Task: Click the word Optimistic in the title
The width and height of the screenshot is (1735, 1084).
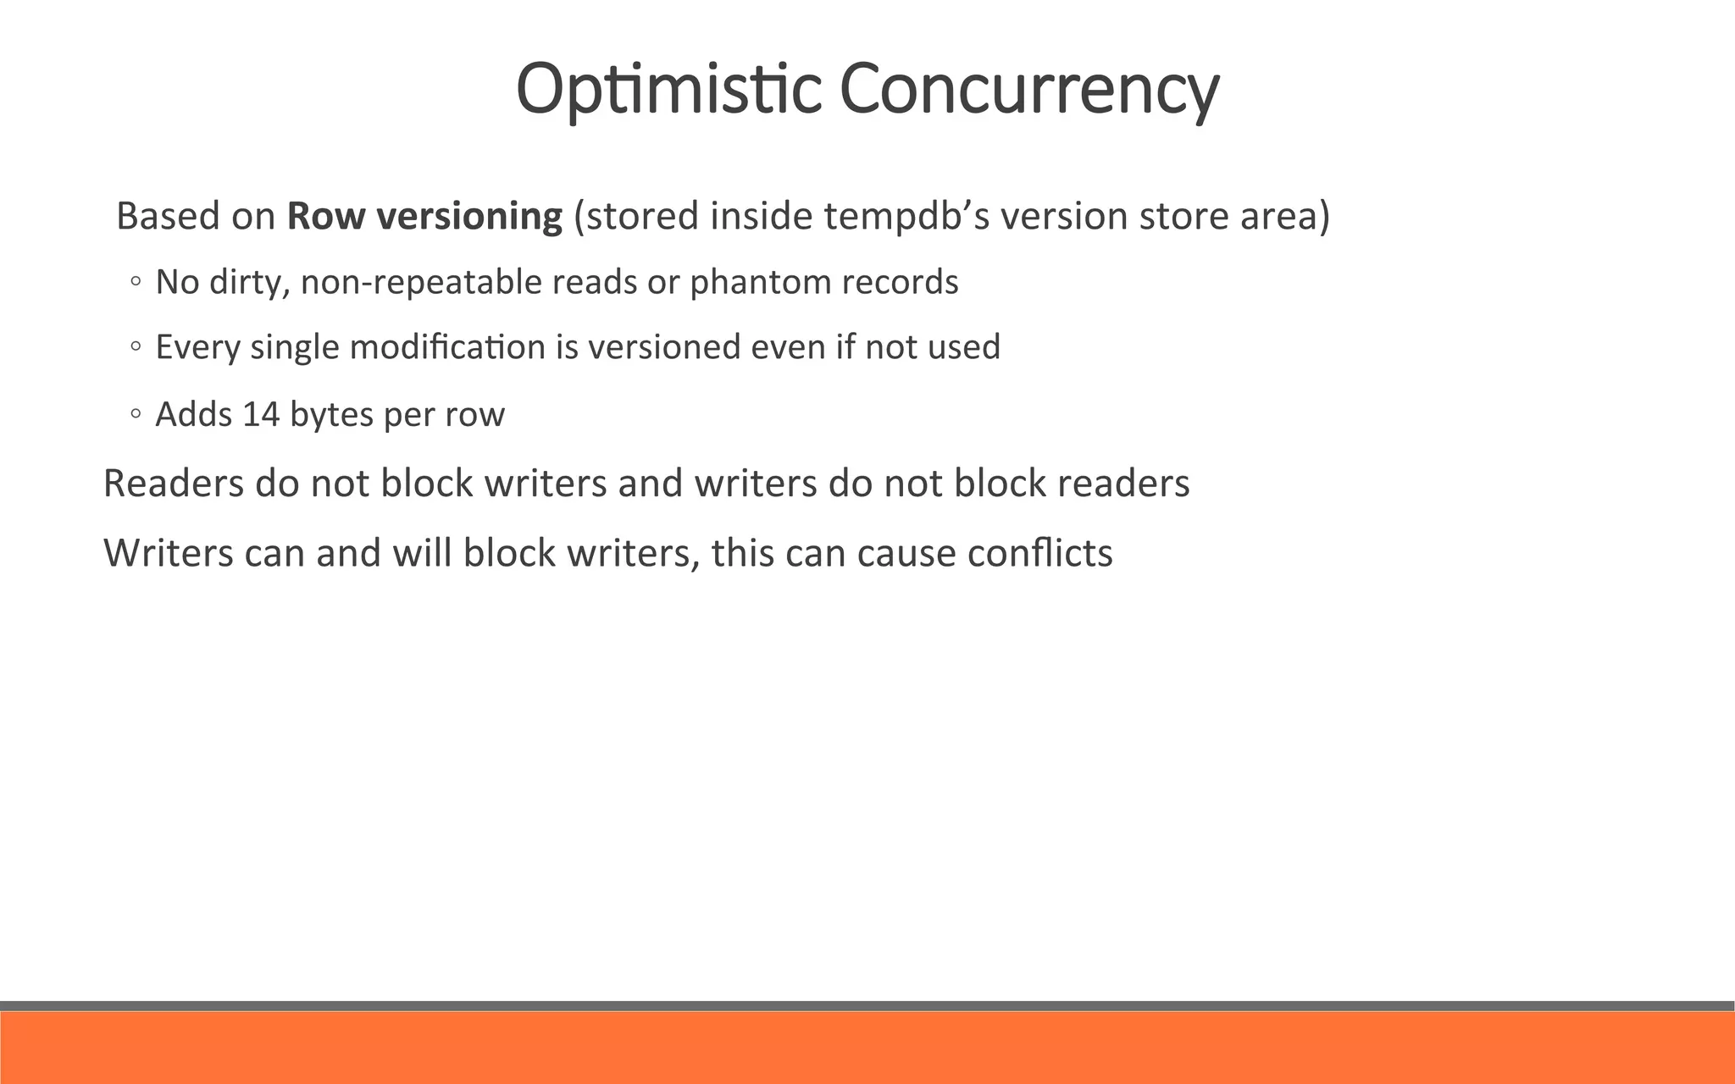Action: (x=668, y=89)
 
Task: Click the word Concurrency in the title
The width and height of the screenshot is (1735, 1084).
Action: (x=1028, y=89)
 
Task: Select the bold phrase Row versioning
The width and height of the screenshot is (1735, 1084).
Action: (x=424, y=216)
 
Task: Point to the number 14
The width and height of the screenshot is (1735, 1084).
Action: (x=261, y=415)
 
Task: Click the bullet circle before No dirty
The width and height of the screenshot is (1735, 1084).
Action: (x=136, y=283)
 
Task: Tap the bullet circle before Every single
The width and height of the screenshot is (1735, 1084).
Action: (x=136, y=348)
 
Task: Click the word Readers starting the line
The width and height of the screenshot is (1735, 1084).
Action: (x=173, y=484)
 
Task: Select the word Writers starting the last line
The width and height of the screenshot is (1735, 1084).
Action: (x=168, y=553)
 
